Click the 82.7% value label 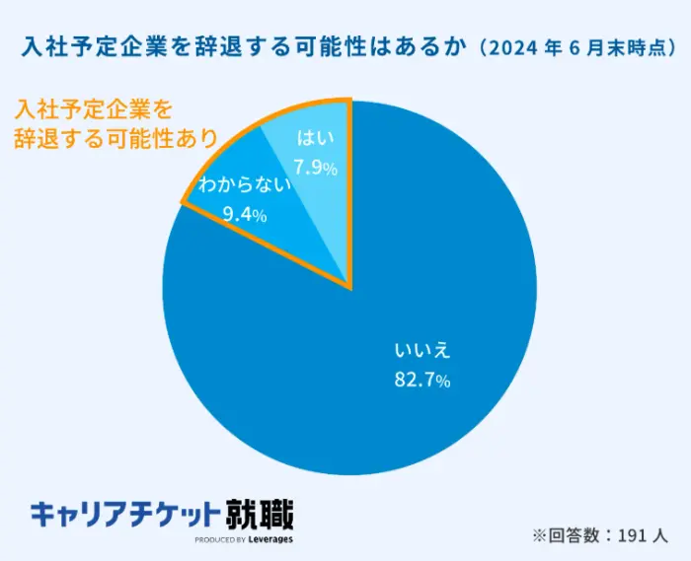422,381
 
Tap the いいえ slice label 422,351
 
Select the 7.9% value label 315,168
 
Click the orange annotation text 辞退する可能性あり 114,138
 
